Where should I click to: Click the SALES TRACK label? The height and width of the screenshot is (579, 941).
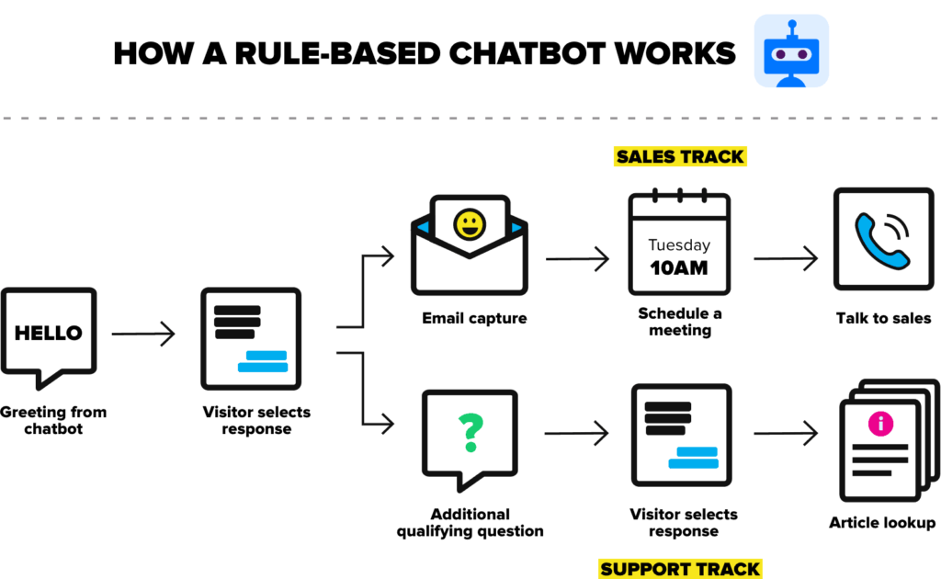[x=680, y=156]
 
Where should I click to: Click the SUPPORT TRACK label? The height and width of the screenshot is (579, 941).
[x=680, y=569]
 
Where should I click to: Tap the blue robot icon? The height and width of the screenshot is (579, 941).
[x=791, y=54]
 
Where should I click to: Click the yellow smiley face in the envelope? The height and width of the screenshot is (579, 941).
[x=470, y=225]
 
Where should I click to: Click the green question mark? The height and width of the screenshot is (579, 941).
[x=470, y=432]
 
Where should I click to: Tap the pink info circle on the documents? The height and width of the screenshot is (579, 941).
[x=880, y=424]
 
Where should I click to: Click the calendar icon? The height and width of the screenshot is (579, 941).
[x=679, y=244]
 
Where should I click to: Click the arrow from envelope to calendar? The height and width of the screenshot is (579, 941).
[x=578, y=259]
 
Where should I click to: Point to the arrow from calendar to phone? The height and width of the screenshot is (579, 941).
[x=786, y=259]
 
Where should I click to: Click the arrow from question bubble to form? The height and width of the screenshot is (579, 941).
[x=577, y=433]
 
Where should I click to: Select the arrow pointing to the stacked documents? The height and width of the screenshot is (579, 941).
[x=786, y=433]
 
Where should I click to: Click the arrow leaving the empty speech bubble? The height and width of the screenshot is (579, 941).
[x=144, y=334]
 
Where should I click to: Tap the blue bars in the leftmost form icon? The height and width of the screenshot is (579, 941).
[x=264, y=361]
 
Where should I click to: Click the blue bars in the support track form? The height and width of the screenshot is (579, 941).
[x=694, y=458]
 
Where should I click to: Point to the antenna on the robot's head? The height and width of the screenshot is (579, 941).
[x=792, y=26]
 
